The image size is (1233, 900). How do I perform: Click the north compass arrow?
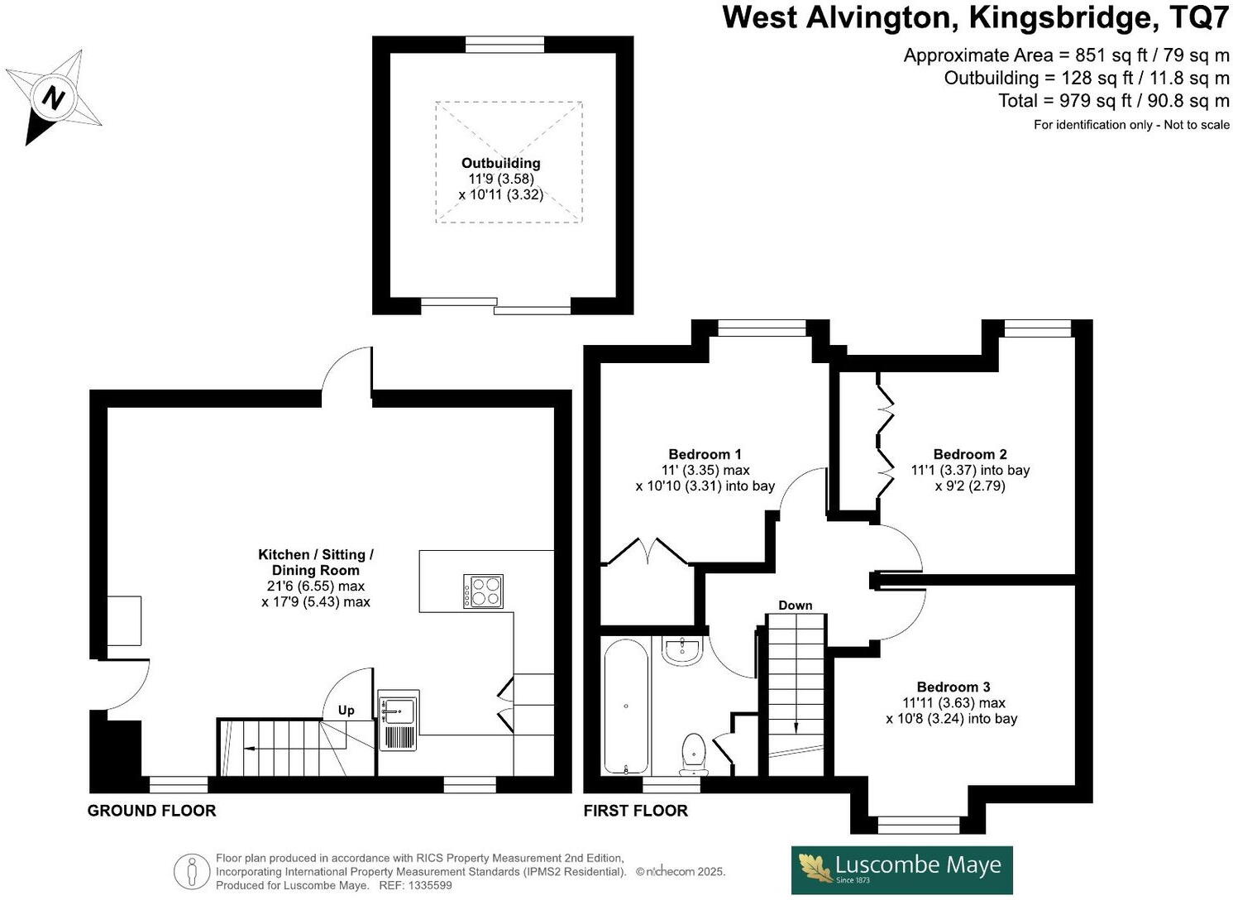(x=55, y=97)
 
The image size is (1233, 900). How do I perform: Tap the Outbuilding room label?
(x=500, y=164)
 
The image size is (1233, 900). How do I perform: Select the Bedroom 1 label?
(x=705, y=454)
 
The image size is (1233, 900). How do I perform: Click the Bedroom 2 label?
(x=969, y=454)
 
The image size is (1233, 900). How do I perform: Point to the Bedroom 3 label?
(x=953, y=687)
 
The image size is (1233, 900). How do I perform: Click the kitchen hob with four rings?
(x=482, y=591)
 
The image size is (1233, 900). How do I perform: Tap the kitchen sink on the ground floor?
(x=399, y=711)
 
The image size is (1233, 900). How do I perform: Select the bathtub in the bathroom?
(x=626, y=706)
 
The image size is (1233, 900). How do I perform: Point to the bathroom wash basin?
(x=682, y=650)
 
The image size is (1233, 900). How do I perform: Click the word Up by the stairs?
(x=346, y=710)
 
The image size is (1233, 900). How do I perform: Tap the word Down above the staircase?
(x=795, y=606)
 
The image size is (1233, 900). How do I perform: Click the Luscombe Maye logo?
(x=901, y=869)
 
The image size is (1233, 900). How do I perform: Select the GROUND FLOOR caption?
(x=151, y=811)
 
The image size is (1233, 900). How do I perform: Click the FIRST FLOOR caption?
(x=635, y=811)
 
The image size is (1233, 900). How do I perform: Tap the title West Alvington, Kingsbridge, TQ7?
(x=975, y=17)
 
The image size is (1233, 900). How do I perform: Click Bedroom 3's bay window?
(x=918, y=824)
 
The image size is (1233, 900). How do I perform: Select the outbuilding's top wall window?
(x=504, y=44)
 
